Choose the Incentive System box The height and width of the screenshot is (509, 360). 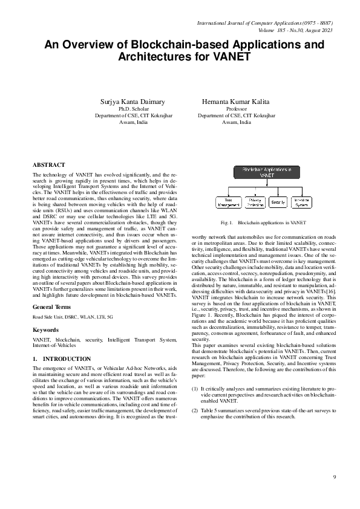[301, 202]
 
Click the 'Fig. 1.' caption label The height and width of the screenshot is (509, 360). [227, 223]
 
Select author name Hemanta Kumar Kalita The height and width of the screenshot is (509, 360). [232, 102]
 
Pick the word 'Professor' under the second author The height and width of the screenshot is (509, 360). [232, 109]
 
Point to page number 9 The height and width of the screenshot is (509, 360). [334, 478]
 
